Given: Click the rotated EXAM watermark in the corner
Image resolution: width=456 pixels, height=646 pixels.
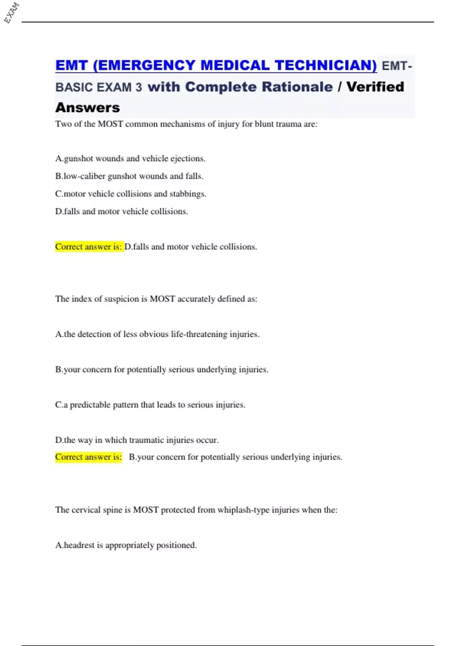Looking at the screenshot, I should [x=11, y=13].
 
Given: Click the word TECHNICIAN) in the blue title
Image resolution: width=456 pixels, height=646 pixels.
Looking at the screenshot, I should [x=326, y=65].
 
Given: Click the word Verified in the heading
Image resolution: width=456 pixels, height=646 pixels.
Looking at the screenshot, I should [x=375, y=87].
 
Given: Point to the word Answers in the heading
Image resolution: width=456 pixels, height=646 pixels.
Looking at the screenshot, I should [x=87, y=108].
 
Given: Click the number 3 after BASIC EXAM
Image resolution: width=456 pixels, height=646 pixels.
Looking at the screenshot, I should [x=139, y=87].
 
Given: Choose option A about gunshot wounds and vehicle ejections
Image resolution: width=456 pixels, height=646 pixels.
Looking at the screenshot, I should [x=130, y=158].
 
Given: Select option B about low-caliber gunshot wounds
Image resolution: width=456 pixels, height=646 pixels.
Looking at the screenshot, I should [x=129, y=176].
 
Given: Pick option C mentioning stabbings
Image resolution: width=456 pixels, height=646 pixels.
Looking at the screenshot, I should [x=131, y=194].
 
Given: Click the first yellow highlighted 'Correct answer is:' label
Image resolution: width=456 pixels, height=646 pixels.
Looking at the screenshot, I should [x=89, y=247].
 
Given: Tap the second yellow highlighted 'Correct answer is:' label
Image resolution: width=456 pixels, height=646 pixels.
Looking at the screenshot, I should [x=89, y=457].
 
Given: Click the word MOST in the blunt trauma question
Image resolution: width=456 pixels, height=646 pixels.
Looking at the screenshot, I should [x=110, y=124].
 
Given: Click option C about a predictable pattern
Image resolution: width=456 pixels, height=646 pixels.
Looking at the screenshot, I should [x=150, y=405].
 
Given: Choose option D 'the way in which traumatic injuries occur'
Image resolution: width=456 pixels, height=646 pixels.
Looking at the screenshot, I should [x=137, y=440].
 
